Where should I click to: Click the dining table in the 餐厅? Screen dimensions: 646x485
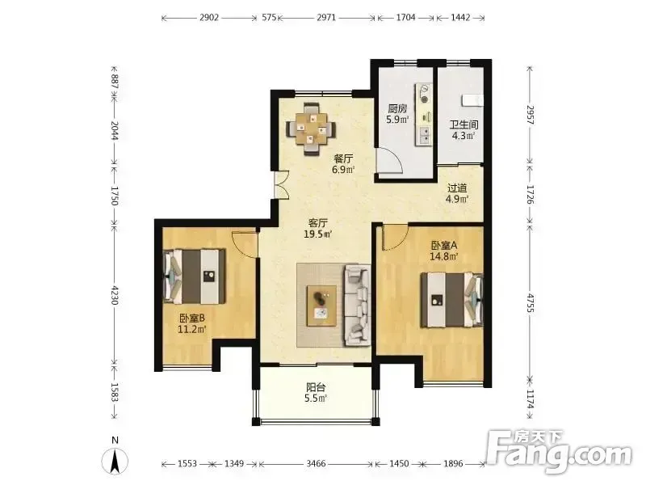(312, 129)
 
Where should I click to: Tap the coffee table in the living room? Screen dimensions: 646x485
(321, 306)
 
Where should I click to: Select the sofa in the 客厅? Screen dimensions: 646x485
(357, 306)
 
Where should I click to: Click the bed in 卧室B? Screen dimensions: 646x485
(195, 276)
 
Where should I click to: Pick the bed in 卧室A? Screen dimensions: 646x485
(452, 300)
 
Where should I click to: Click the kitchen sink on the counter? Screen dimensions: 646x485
(424, 134)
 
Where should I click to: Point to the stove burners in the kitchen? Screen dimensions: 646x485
(424, 94)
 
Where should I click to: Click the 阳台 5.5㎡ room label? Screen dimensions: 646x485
(316, 393)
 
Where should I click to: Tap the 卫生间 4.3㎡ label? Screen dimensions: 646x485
(464, 130)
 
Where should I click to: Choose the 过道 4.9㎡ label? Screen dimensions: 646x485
(457, 193)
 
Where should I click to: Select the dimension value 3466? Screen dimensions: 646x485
(316, 464)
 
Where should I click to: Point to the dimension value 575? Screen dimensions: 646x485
(269, 18)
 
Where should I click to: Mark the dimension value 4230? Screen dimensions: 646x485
(114, 295)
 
